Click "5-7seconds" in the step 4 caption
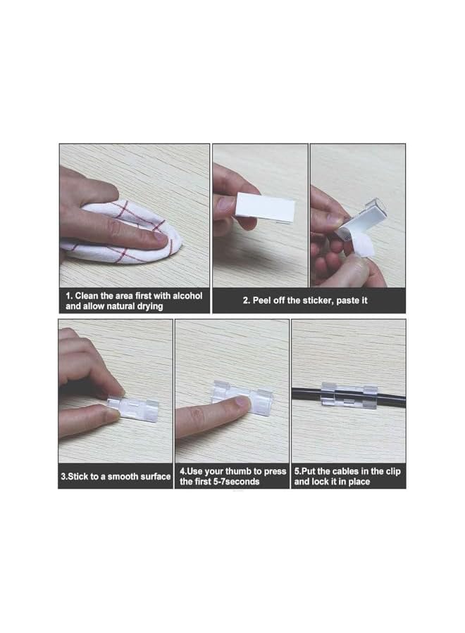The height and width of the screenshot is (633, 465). tap(233, 482)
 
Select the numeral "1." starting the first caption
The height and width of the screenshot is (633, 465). tap(69, 296)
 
